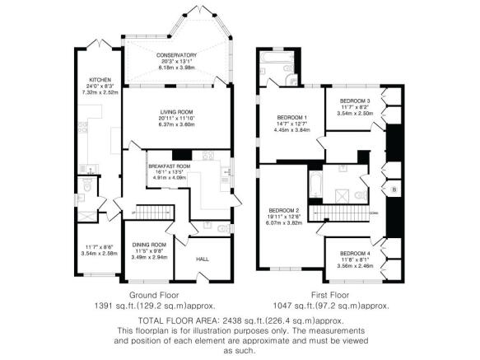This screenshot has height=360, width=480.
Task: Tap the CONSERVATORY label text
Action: (x=176, y=54)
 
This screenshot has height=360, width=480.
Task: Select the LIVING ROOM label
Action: (x=176, y=111)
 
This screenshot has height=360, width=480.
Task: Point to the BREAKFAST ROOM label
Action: (x=169, y=166)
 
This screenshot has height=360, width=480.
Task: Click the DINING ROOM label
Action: (x=149, y=245)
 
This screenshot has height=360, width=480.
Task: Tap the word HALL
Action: (x=203, y=259)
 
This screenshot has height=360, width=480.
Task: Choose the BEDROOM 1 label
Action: (x=291, y=117)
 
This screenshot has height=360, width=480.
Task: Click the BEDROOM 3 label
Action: (x=355, y=101)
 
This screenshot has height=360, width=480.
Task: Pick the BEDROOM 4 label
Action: (x=355, y=253)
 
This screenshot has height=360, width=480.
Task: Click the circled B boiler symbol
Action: (x=394, y=191)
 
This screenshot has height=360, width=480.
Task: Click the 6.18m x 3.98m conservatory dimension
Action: (x=176, y=68)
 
